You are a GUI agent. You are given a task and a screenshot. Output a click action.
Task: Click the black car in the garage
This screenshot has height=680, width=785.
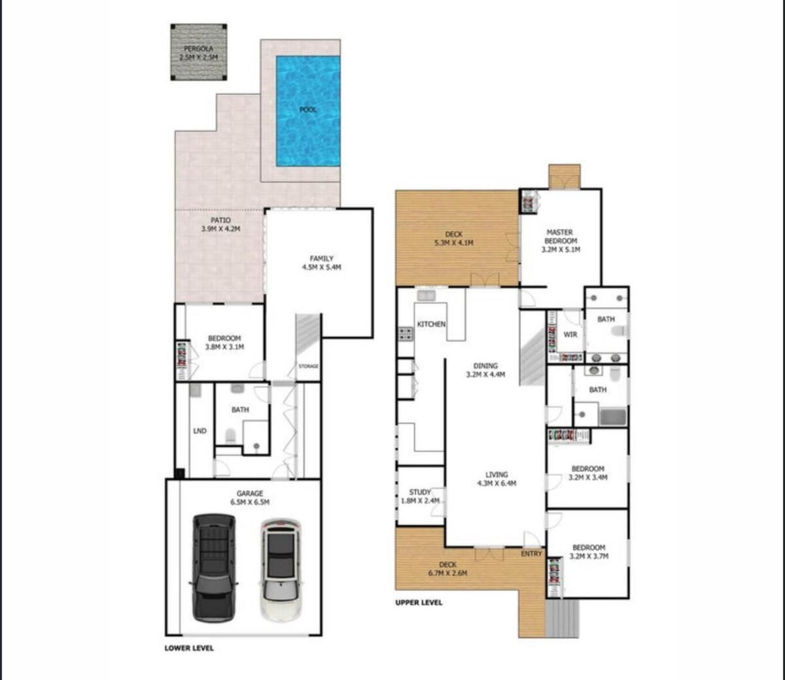(x=213, y=567)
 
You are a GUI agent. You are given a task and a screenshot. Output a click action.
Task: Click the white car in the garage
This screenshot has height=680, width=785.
(x=281, y=569)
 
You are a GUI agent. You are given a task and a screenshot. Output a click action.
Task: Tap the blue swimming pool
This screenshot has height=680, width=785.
(x=307, y=110)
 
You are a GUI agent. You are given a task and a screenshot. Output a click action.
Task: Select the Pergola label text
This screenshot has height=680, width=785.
(x=198, y=53)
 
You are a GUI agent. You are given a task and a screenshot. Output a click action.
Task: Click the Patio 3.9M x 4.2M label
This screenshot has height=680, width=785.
(x=220, y=225)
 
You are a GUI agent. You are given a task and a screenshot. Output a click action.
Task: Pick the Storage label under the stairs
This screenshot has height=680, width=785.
(x=308, y=366)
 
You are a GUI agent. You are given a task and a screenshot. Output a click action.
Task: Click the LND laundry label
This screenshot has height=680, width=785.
(x=200, y=431)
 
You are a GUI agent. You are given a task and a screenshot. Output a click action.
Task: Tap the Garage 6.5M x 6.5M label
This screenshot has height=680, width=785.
(x=249, y=498)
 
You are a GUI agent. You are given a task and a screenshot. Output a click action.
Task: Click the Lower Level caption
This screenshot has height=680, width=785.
(x=188, y=648)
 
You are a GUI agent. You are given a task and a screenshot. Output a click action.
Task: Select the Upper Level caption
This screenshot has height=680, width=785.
(x=419, y=602)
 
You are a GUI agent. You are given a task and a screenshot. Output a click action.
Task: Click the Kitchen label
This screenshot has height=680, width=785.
(x=431, y=324)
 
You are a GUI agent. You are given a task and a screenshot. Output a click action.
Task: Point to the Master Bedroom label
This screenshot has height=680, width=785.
(x=560, y=241)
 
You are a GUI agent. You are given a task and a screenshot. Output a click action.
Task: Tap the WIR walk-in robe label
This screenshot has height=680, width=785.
(x=570, y=335)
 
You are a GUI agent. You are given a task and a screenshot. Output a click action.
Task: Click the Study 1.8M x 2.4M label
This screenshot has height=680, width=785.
(x=420, y=496)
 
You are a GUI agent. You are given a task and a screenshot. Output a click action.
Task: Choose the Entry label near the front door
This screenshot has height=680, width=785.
(x=531, y=554)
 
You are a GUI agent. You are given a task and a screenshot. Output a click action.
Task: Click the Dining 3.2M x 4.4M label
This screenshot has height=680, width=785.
(x=485, y=370)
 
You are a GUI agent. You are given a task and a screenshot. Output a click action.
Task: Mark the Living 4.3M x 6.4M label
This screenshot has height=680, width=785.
(x=497, y=479)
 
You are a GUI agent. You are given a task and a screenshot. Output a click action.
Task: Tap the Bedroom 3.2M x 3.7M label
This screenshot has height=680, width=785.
(x=589, y=552)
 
